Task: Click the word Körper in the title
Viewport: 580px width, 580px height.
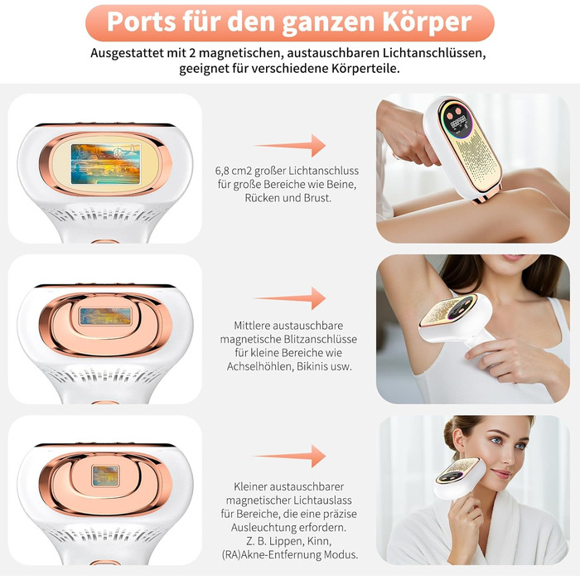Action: (x=427, y=22)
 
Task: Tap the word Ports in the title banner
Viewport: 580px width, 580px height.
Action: (x=142, y=22)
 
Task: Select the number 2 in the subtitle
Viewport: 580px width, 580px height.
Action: (x=192, y=53)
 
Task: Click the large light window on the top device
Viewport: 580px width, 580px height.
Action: (x=105, y=164)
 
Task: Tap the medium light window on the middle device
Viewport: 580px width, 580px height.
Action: (x=105, y=317)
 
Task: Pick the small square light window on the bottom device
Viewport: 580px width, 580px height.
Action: (x=105, y=476)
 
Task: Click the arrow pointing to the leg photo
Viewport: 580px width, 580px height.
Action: (x=289, y=145)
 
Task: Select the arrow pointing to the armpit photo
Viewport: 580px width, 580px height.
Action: (x=289, y=297)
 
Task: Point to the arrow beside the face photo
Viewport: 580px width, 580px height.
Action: (x=289, y=456)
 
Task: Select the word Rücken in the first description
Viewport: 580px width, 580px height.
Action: (x=262, y=198)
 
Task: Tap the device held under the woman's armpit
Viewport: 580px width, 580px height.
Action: (x=456, y=317)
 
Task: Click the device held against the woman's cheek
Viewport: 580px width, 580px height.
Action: (x=460, y=477)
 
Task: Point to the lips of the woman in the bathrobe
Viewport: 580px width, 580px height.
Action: (x=502, y=474)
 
